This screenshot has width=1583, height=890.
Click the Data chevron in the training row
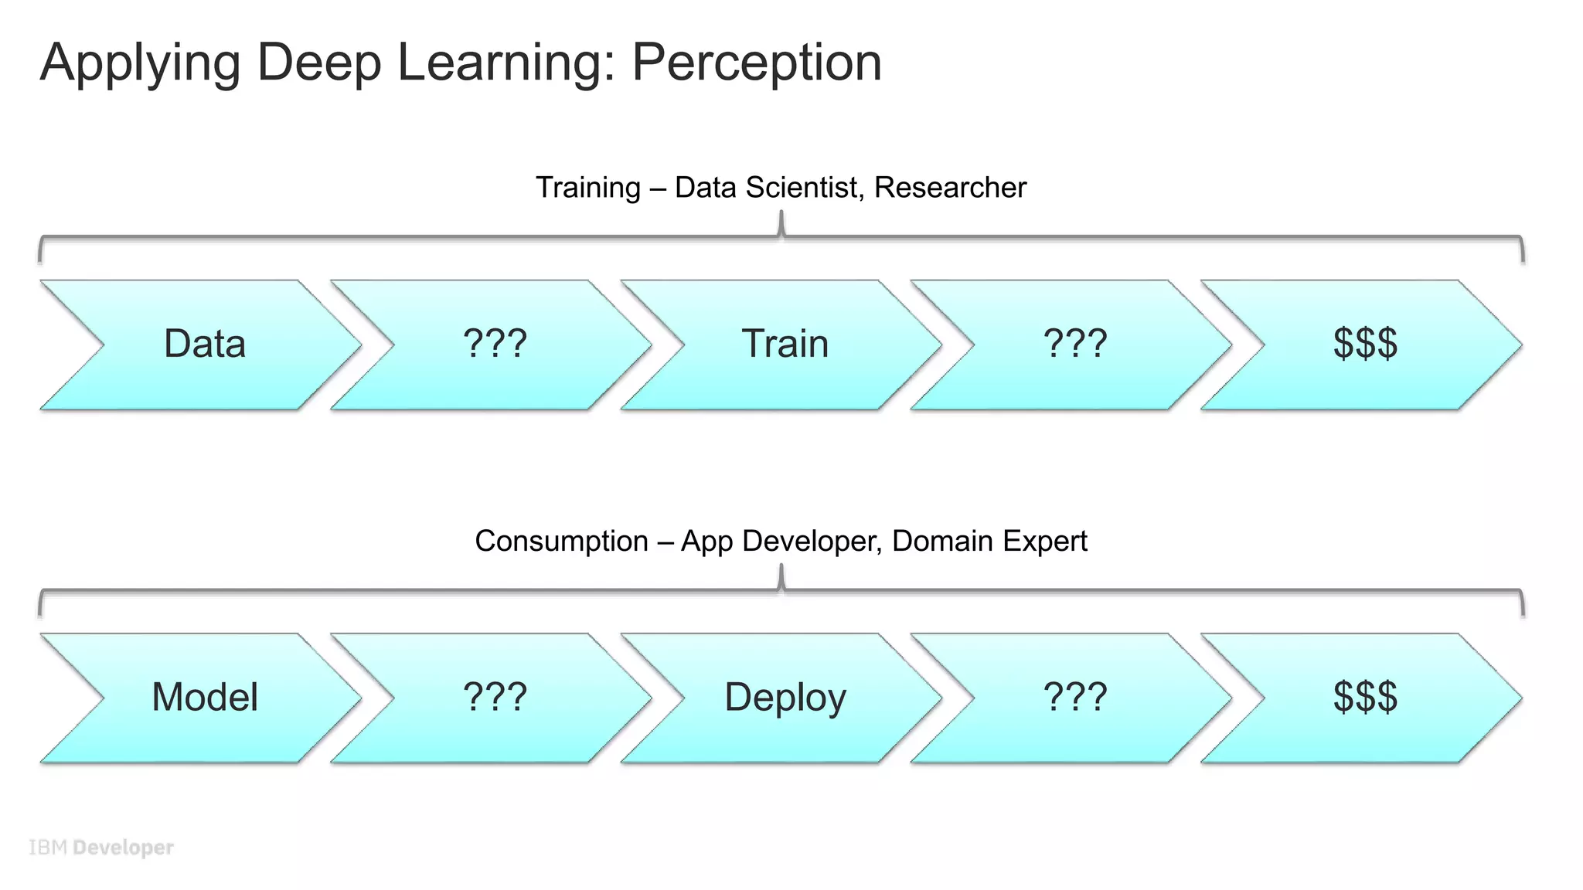pyautogui.click(x=205, y=345)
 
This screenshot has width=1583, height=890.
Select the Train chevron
pyautogui.click(x=785, y=345)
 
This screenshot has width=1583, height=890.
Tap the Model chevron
pyautogui.click(x=205, y=698)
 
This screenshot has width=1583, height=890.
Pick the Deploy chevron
pyautogui.click(x=785, y=698)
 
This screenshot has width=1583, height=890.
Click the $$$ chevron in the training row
pyautogui.click(x=1365, y=345)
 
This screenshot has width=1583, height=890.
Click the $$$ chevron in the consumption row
pyautogui.click(x=1365, y=698)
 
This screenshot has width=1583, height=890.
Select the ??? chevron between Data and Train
pyautogui.click(x=495, y=345)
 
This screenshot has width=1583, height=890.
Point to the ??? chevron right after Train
pyautogui.click(x=1075, y=345)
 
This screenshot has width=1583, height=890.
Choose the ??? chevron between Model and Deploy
pyautogui.click(x=495, y=698)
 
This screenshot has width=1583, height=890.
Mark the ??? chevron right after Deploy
pyautogui.click(x=1075, y=698)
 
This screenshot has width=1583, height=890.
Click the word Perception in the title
pyautogui.click(x=757, y=63)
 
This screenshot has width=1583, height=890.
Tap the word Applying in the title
pyautogui.click(x=140, y=63)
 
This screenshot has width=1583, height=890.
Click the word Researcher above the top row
pyautogui.click(x=950, y=188)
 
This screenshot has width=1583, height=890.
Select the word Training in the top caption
pyautogui.click(x=588, y=188)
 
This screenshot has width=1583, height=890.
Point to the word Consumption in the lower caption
pyautogui.click(x=561, y=542)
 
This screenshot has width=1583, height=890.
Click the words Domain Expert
pyautogui.click(x=989, y=542)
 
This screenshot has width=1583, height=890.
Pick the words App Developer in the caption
pyautogui.click(x=781, y=542)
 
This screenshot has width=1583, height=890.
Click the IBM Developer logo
pyautogui.click(x=101, y=848)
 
